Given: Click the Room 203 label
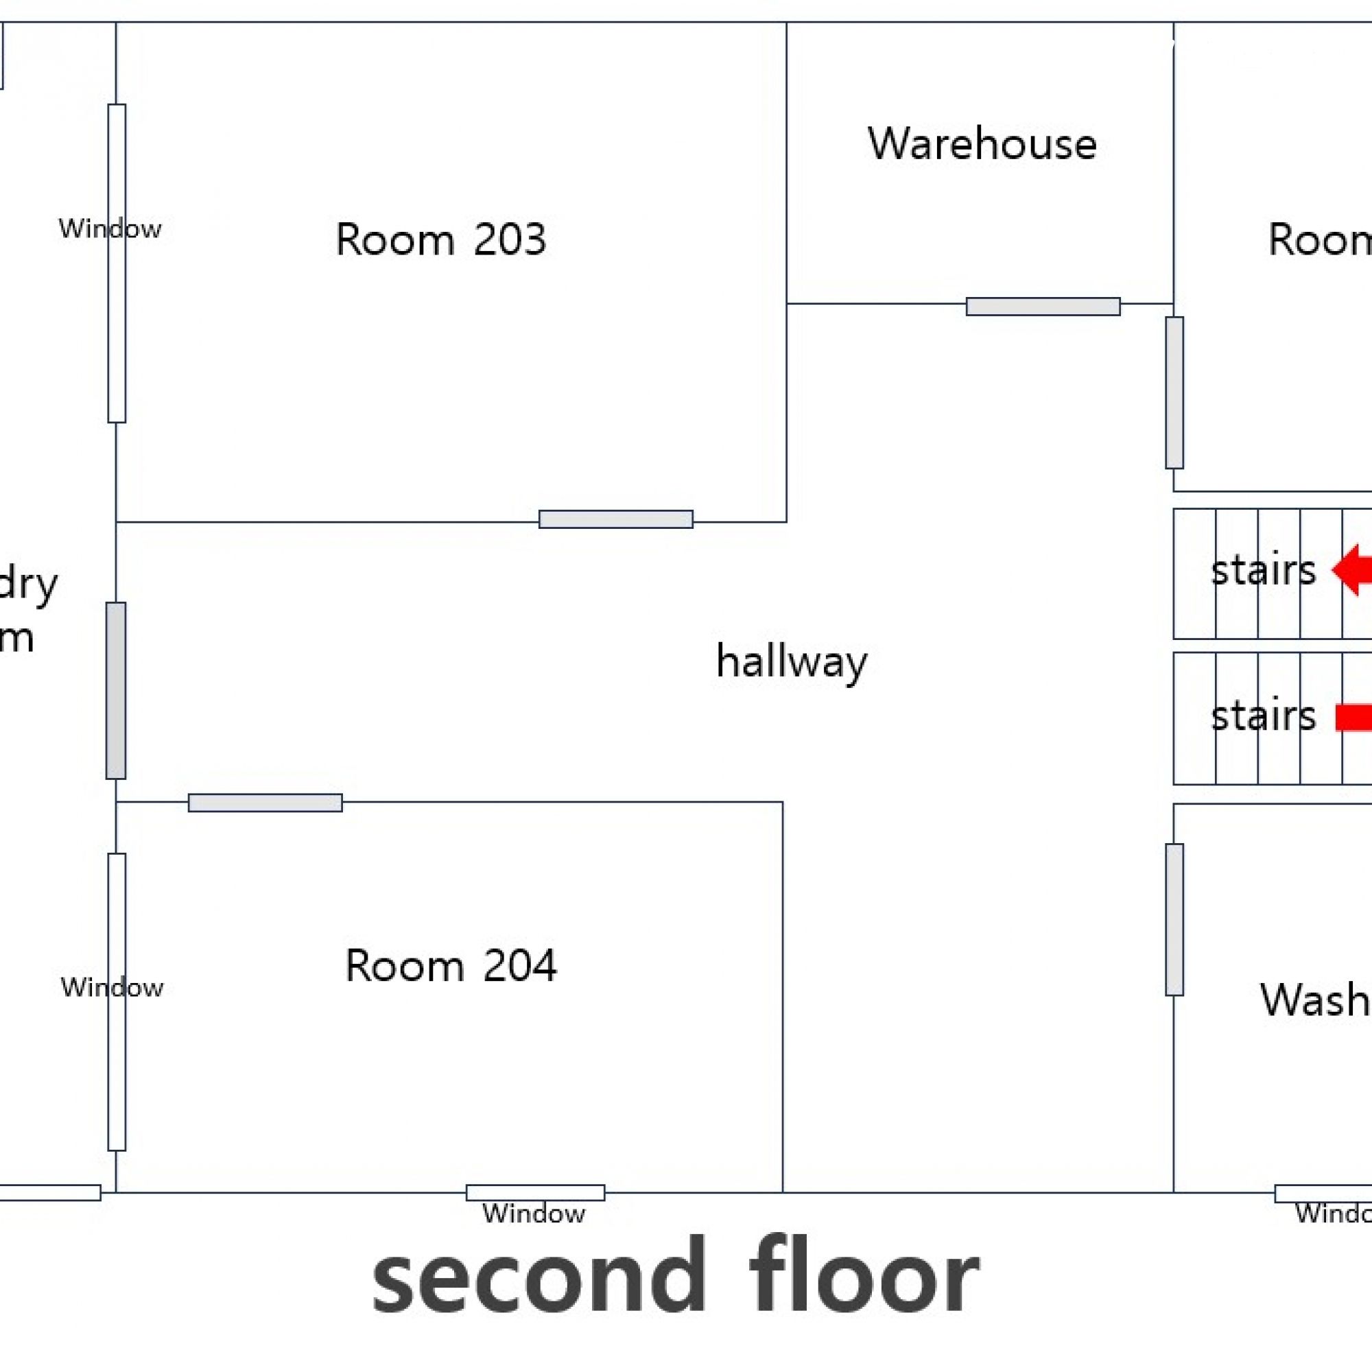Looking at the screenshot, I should (440, 239).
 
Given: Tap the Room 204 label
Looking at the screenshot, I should (450, 965).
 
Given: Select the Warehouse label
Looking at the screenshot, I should (982, 143).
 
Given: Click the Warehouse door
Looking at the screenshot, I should (1043, 307).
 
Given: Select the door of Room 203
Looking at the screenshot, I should (616, 519).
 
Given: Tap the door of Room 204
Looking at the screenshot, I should (265, 803).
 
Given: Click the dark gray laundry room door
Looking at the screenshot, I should (116, 690).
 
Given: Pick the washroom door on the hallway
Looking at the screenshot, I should (1174, 920).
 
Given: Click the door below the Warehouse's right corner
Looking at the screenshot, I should (1174, 392).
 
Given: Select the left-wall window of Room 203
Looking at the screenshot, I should (117, 263).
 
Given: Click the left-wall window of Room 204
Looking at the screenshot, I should (117, 1002).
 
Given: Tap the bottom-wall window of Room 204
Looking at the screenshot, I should (536, 1192).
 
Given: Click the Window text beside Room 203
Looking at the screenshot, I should (110, 228).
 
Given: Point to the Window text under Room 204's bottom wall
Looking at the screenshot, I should (533, 1214).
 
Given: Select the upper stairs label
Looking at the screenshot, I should (1263, 570).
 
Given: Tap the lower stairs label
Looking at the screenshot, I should (1263, 715).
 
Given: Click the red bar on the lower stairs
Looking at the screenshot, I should (1353, 717).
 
